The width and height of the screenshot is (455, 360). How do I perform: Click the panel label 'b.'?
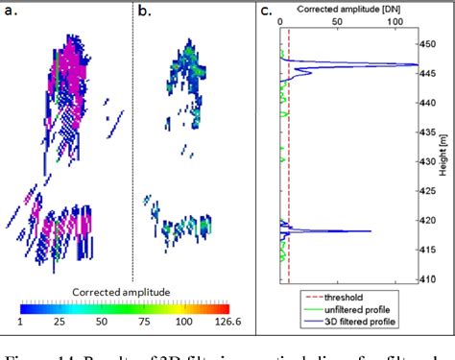tap(143, 12)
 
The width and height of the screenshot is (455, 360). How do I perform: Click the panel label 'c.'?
tap(266, 12)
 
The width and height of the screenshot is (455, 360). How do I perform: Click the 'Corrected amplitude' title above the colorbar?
tap(121, 290)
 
